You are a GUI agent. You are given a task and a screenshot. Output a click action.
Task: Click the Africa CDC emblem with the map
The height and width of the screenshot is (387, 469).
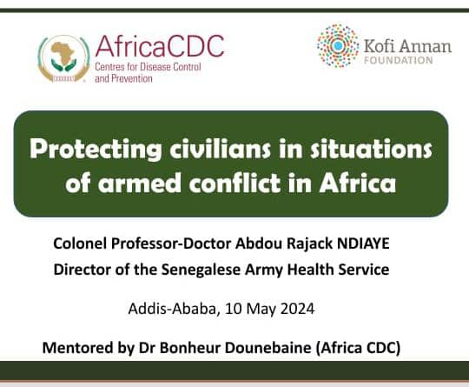click(63, 57)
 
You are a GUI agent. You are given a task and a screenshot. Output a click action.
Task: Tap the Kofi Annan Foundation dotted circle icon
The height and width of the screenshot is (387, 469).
click(338, 46)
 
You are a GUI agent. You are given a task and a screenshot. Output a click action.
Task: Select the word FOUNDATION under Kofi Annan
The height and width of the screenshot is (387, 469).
click(400, 60)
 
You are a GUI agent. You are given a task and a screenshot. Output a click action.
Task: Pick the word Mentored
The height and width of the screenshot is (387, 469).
click(78, 348)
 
